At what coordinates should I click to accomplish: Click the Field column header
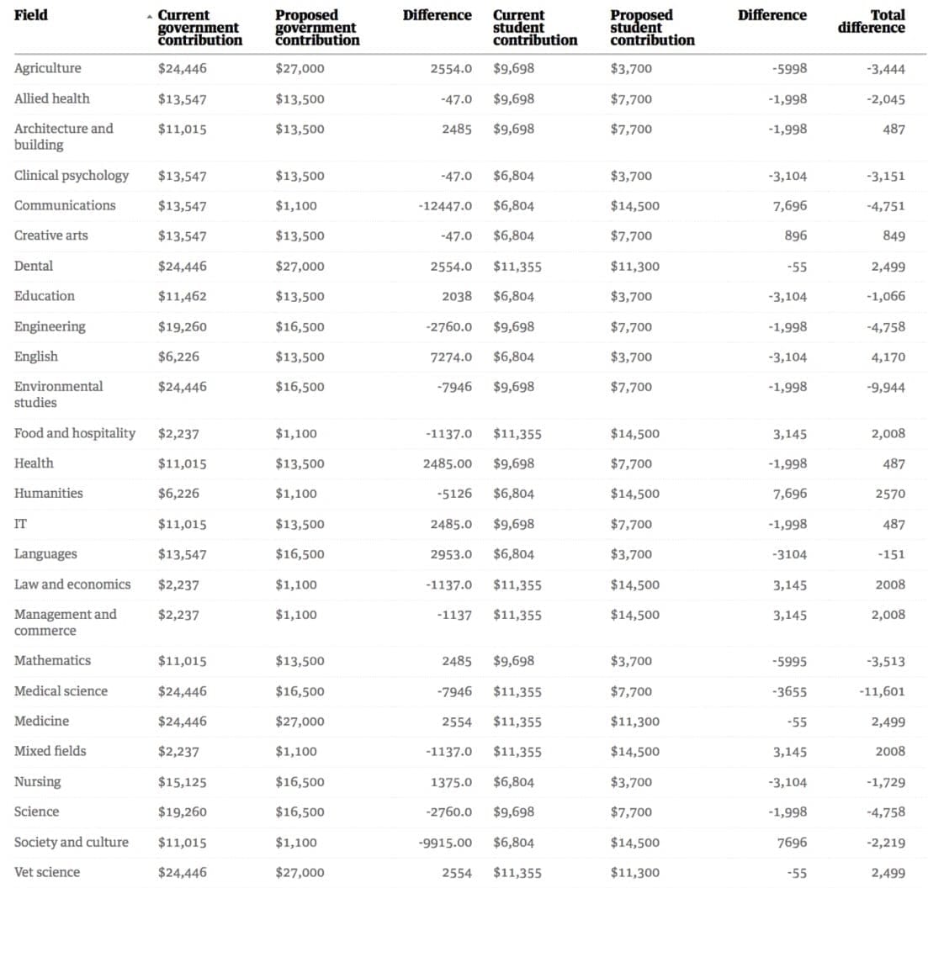[x=31, y=15]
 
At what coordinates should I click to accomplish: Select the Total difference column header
[x=872, y=21]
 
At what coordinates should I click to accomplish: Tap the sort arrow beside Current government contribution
[x=150, y=16]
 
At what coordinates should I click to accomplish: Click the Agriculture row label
[x=48, y=68]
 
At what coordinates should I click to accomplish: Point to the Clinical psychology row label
[x=72, y=176]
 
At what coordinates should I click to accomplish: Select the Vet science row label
[x=47, y=872]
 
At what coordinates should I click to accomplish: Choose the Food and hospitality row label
[x=75, y=433]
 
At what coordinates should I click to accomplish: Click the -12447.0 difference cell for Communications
[x=445, y=206]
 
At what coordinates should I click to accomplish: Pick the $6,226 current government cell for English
[x=178, y=357]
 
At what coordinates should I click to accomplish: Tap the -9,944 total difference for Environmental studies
[x=885, y=387]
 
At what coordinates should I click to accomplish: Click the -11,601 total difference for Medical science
[x=882, y=691]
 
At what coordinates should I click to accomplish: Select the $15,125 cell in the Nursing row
[x=182, y=782]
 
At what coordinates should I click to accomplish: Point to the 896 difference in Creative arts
[x=795, y=236]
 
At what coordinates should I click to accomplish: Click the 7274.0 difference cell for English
[x=451, y=357]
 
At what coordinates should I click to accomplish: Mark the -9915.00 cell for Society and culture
[x=445, y=843]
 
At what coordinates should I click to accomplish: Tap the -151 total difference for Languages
[x=891, y=554]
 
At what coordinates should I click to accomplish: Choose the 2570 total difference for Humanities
[x=890, y=494]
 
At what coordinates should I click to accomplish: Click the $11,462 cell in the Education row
[x=182, y=296]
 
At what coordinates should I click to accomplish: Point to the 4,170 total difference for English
[x=888, y=357]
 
